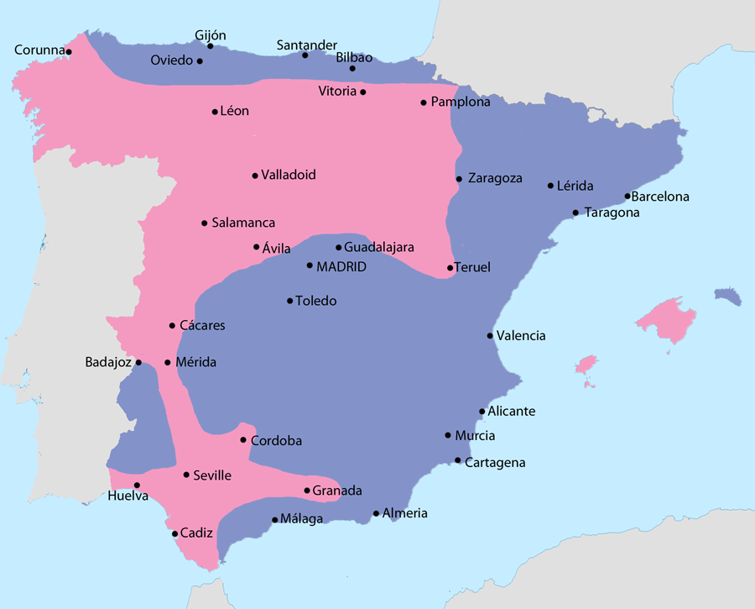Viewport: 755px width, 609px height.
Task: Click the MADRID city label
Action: click(341, 266)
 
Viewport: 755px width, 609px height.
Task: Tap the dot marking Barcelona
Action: click(627, 197)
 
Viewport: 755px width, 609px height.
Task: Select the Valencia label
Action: click(521, 336)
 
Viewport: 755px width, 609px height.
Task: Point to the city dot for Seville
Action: click(186, 475)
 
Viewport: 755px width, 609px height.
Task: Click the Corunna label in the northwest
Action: click(39, 50)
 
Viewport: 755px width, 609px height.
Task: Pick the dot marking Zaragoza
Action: click(459, 179)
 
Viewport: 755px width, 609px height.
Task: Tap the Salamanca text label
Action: click(243, 223)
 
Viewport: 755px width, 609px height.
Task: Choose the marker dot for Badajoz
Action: click(138, 363)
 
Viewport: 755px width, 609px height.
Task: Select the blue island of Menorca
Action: click(729, 296)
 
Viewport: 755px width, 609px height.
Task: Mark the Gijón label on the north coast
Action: click(211, 34)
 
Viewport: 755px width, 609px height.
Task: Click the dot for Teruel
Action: click(450, 268)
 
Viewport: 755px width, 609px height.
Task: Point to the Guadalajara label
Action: click(379, 248)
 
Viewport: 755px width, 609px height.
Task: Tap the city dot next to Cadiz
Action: click(174, 533)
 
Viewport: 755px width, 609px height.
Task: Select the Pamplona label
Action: click(461, 102)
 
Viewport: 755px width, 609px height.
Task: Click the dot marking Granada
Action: click(307, 491)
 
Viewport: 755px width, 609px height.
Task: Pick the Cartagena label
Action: click(495, 463)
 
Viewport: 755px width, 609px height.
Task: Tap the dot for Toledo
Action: click(290, 301)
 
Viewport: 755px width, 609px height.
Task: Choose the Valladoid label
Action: click(289, 176)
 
